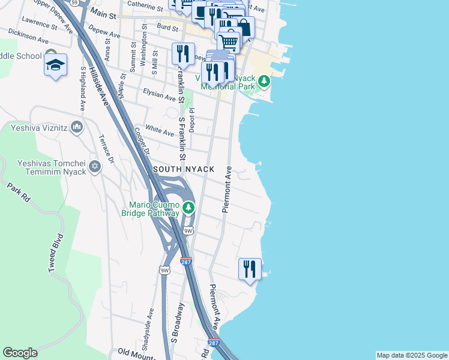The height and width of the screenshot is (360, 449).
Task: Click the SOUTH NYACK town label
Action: (x=184, y=170)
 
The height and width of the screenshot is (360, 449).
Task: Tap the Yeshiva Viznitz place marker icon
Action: (x=76, y=127)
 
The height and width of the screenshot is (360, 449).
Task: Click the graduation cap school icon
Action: (x=55, y=65)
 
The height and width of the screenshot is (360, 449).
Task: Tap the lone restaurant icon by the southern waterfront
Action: (x=249, y=269)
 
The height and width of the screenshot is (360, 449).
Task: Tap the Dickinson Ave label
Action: (x=29, y=36)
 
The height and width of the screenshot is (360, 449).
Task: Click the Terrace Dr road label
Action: (x=107, y=150)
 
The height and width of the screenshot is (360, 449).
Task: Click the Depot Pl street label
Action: (x=192, y=119)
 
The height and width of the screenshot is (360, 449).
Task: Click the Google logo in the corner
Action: (x=20, y=353)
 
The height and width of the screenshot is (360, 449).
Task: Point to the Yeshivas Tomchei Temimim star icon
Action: (x=94, y=166)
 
